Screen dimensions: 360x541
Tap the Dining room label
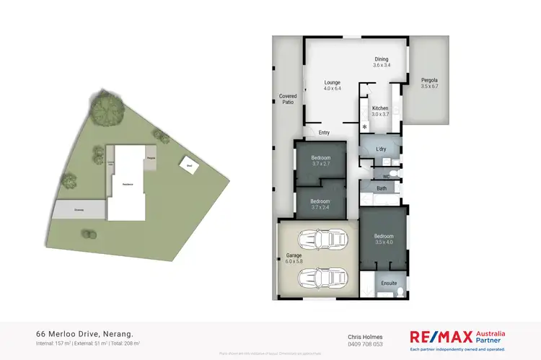click(x=381, y=59)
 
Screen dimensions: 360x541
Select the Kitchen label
click(x=380, y=108)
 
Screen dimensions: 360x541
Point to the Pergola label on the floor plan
click(x=429, y=80)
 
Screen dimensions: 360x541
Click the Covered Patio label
click(x=289, y=99)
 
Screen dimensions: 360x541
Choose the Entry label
click(x=324, y=132)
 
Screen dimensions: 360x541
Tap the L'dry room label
click(x=382, y=149)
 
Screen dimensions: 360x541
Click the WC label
click(x=387, y=176)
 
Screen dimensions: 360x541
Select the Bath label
click(x=382, y=188)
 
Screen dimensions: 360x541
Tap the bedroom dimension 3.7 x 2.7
click(x=320, y=164)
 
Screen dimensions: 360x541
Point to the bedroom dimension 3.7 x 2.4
click(x=320, y=207)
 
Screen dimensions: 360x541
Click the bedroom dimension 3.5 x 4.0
click(x=383, y=242)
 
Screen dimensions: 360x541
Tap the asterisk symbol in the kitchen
click(x=365, y=127)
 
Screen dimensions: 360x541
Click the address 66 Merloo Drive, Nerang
click(x=84, y=334)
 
